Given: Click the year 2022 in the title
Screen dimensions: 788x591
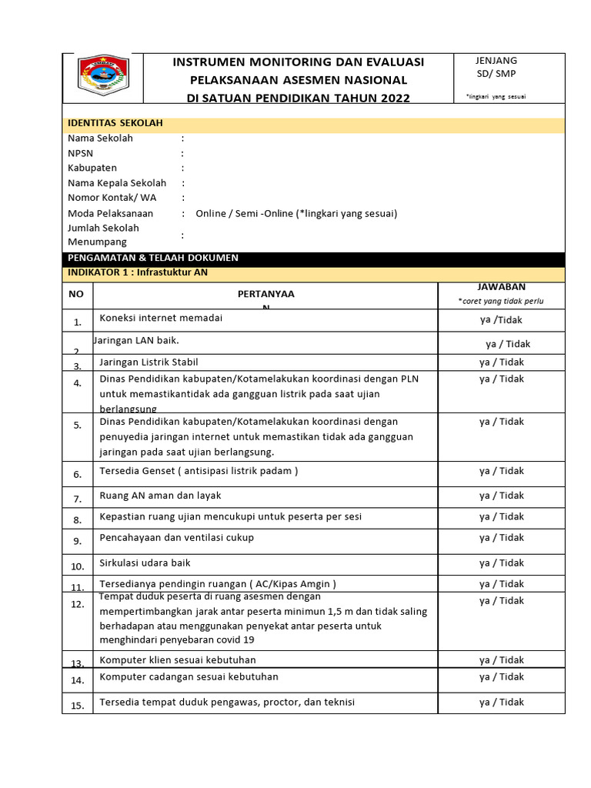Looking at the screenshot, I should [392, 98].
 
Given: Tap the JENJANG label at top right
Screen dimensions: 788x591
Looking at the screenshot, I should [496, 61].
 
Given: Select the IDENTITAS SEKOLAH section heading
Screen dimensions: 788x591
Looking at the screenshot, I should [115, 123].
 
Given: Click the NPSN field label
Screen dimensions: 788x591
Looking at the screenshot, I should [80, 153].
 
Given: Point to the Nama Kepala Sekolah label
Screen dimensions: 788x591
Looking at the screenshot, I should [117, 183].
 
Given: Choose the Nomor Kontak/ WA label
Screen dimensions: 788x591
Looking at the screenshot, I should [112, 198].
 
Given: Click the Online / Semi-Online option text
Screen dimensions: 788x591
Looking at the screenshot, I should [296, 214].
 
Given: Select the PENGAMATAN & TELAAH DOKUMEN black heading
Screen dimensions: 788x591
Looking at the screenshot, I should [153, 258].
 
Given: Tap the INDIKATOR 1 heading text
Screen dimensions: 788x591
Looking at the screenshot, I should [138, 272].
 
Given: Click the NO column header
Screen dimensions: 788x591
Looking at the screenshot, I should [76, 295].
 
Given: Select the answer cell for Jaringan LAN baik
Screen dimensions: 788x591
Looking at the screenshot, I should [507, 344].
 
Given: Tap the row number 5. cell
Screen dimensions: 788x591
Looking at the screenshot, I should [77, 426].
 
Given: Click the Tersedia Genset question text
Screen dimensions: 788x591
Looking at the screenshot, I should [198, 471].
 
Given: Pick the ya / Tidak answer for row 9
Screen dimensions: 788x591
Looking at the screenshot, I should [501, 538].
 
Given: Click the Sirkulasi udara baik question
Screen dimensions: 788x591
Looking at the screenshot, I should [145, 563].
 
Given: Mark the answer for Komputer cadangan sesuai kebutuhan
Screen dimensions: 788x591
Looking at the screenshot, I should [501, 677].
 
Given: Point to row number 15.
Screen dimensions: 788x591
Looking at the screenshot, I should [77, 706].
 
